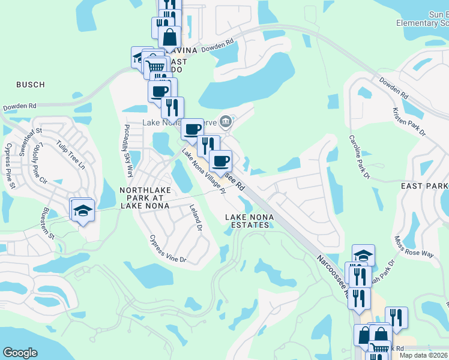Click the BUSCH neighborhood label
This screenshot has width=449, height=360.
tap(30, 85)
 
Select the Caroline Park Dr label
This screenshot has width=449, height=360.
tap(359, 156)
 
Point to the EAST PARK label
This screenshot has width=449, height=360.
tap(424, 187)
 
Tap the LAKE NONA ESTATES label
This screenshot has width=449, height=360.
tap(249, 221)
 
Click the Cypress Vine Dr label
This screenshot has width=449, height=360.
tap(168, 248)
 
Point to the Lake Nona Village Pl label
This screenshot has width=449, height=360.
tap(203, 172)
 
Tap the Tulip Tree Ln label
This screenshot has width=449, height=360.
tap(71, 153)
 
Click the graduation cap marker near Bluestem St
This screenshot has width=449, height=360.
tap(82, 211)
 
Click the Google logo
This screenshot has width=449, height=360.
tap(20, 353)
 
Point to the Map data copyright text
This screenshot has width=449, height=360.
tap(423, 355)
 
